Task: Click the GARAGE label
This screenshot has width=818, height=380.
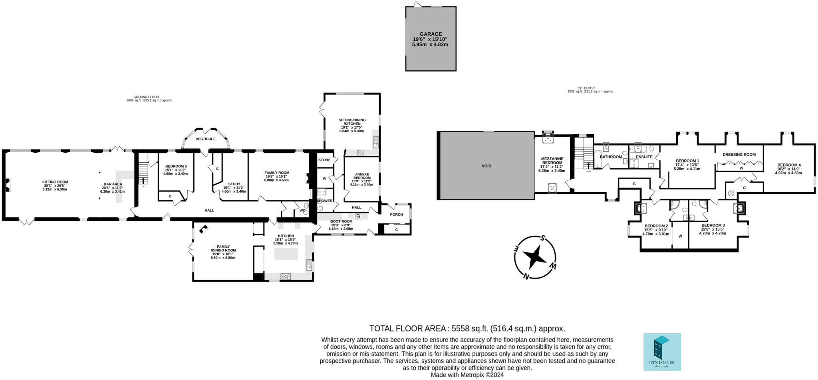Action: (x=430, y=34)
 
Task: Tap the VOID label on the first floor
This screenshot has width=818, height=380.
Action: (x=486, y=166)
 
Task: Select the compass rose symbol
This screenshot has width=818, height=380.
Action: (x=534, y=257)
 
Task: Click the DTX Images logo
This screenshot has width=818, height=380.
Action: (x=662, y=352)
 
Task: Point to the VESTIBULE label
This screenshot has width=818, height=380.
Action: (x=205, y=139)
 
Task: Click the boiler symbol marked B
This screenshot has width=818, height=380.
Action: (x=358, y=217)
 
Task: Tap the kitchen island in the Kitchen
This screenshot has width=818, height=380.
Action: (x=286, y=254)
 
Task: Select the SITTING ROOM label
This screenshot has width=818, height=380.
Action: (x=55, y=182)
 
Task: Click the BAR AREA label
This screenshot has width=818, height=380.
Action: (x=112, y=184)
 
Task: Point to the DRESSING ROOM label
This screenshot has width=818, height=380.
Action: (x=739, y=155)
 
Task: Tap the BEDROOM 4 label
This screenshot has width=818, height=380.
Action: (x=788, y=165)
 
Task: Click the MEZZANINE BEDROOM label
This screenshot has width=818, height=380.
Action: (x=552, y=161)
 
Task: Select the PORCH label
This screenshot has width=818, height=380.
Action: (x=396, y=215)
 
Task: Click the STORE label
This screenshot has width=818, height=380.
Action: (x=324, y=160)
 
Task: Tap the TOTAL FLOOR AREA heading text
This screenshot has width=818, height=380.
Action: (x=407, y=328)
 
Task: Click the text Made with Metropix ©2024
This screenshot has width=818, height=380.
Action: (x=467, y=375)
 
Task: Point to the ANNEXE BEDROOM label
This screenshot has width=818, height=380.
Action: (x=361, y=176)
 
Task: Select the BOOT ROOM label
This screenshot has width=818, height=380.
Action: (x=341, y=221)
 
